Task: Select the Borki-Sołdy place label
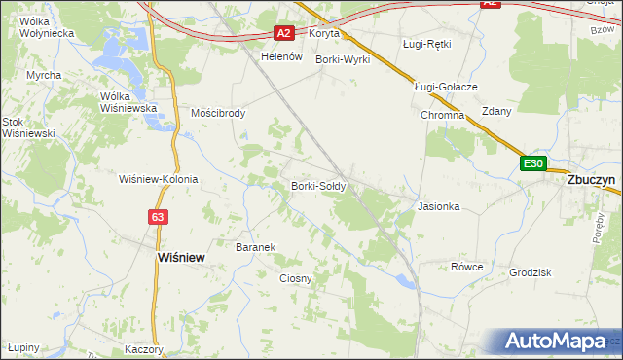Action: (318, 186)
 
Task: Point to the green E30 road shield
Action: (533, 163)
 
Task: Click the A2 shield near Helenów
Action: (283, 33)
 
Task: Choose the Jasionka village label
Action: (438, 206)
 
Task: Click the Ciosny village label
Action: (295, 278)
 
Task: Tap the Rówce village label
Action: (466, 267)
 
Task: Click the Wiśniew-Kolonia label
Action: (158, 179)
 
